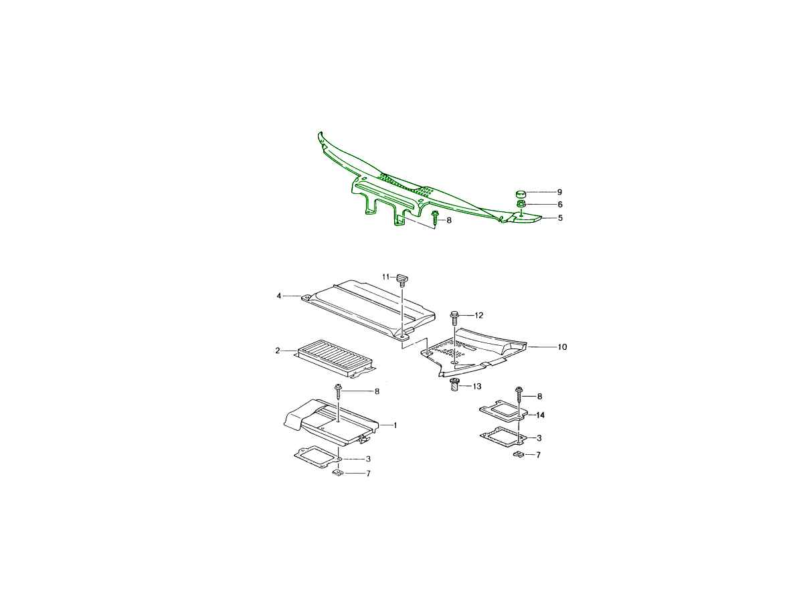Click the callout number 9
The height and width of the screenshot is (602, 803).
[x=559, y=192]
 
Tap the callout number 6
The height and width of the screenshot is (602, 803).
[x=559, y=205]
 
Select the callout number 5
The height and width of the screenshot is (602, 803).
[x=559, y=218]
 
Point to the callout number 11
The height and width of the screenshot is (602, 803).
[x=386, y=277]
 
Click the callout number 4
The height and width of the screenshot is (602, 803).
[x=279, y=296]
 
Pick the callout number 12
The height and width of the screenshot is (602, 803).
[x=479, y=315]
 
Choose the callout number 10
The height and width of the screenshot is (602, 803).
[x=562, y=347]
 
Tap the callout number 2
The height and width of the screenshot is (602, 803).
[x=278, y=350]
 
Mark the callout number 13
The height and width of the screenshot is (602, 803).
[x=477, y=387]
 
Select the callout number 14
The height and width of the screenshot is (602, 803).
[x=540, y=415]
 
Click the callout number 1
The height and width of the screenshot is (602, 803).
[x=395, y=425]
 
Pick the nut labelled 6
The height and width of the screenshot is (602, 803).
[x=521, y=203]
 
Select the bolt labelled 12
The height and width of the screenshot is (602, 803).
[x=454, y=318]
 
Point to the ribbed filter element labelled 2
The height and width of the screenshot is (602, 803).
[x=337, y=359]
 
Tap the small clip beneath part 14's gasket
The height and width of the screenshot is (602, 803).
[x=518, y=454]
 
